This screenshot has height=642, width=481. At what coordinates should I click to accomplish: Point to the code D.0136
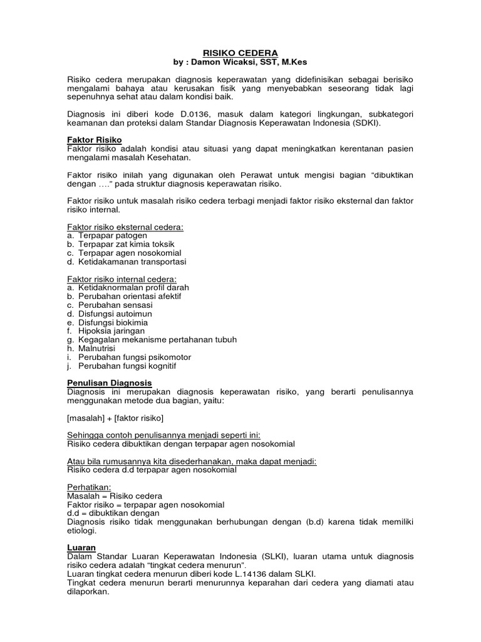coord(184,114)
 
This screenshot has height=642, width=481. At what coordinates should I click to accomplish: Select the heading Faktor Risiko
coord(94,139)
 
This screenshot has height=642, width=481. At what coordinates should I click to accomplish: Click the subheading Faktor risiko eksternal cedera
coord(125,226)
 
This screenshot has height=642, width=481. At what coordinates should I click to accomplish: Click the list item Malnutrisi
coord(101,349)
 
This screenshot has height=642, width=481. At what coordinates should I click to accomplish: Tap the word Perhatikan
coord(88,487)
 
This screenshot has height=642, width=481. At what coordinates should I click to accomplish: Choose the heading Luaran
coord(81,547)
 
